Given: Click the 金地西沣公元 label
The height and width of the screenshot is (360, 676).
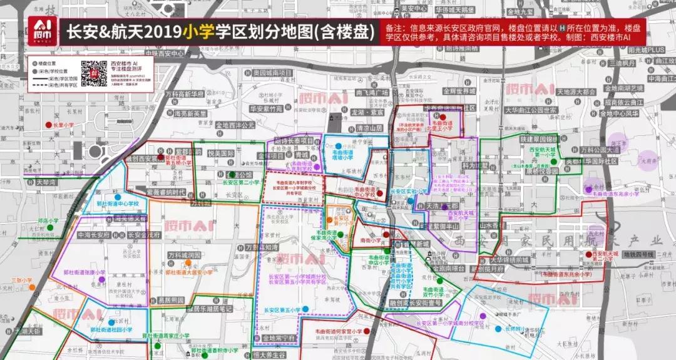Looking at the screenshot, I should pos(235,125).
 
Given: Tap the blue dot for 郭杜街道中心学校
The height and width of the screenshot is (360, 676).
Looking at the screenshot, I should pos(117,197).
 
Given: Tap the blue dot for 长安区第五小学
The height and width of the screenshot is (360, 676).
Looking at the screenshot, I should pos(306,309).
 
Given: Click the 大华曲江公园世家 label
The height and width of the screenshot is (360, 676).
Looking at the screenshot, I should pos(531,110).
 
